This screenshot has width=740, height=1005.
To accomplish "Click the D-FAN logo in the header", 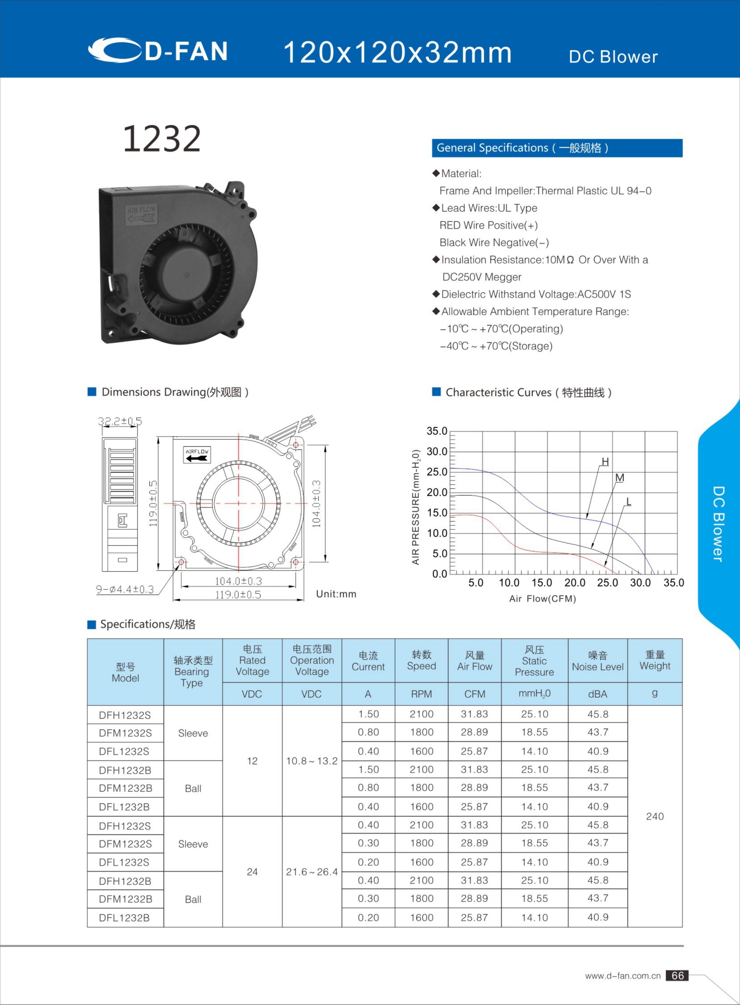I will tap(158, 50).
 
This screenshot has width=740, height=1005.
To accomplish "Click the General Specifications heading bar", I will tap(557, 148).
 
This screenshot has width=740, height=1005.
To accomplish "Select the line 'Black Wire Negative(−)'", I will tap(494, 243).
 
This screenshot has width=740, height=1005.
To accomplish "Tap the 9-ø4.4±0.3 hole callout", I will tap(125, 589).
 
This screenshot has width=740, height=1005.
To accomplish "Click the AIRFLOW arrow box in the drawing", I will tap(197, 454).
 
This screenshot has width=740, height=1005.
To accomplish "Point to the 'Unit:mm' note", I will tap(336, 594).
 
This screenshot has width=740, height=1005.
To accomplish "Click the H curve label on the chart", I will tap(605, 462).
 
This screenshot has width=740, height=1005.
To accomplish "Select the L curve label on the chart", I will tap(628, 502).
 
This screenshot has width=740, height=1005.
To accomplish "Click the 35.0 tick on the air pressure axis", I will tap(437, 431).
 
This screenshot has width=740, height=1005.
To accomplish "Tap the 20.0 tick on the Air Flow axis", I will tap(574, 583).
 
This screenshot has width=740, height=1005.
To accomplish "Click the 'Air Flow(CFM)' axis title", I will tap(542, 599).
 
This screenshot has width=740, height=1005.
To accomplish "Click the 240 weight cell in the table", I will tap(655, 816).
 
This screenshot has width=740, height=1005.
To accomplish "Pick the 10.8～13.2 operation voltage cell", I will tap(312, 761).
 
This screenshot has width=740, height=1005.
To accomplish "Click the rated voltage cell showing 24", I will tap(252, 872).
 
